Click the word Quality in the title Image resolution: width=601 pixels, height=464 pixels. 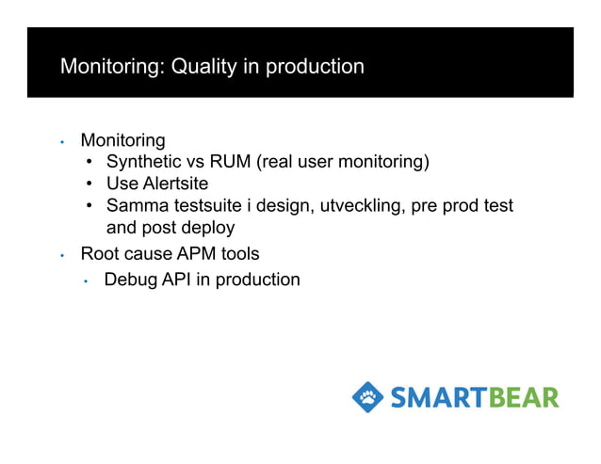click(x=201, y=68)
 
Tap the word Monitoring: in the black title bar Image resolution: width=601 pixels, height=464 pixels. click(x=112, y=68)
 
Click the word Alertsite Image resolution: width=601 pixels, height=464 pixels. click(x=174, y=184)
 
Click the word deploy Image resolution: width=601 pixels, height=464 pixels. click(x=207, y=228)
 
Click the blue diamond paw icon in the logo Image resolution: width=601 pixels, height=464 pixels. click(x=367, y=396)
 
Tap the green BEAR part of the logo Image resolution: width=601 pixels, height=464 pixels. click(x=523, y=397)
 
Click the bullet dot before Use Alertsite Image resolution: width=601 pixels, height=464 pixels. click(x=89, y=184)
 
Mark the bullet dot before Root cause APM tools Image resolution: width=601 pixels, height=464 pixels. click(x=61, y=255)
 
